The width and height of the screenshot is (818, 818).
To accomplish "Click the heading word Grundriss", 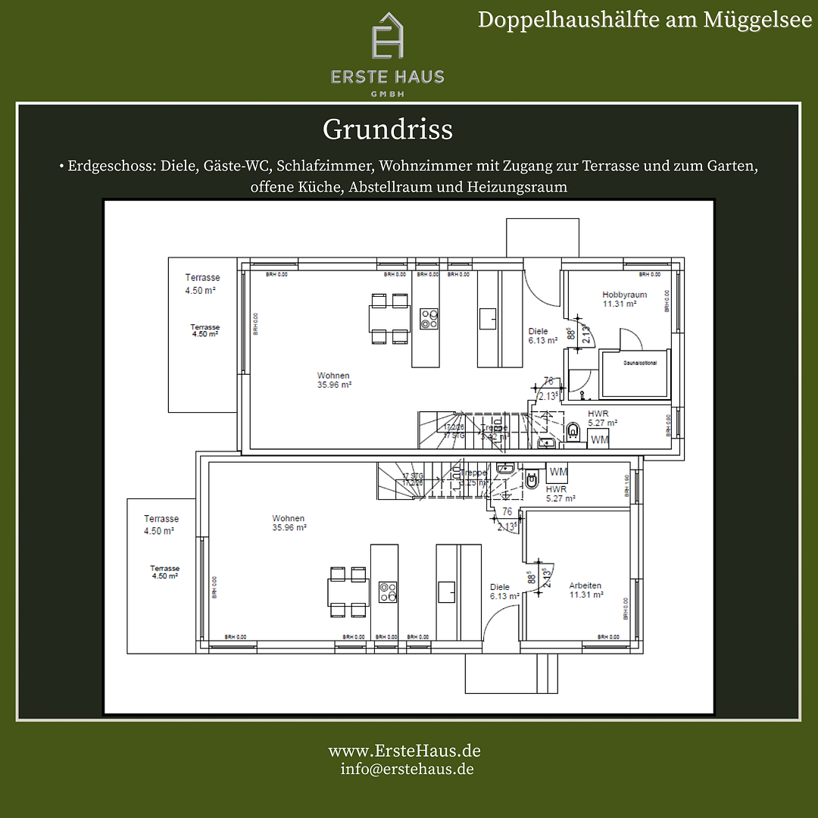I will (x=387, y=130).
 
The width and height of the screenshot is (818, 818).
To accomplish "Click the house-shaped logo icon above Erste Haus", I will (x=387, y=36).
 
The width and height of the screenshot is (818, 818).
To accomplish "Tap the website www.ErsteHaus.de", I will (x=404, y=751).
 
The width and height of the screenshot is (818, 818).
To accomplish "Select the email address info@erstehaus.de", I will (x=407, y=768).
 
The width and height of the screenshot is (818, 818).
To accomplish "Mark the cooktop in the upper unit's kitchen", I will (x=429, y=318).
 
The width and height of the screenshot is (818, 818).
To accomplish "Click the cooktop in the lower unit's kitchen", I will (x=388, y=592).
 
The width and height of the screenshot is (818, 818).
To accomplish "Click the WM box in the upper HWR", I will (x=599, y=439).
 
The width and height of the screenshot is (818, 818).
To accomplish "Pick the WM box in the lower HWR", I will (x=559, y=472).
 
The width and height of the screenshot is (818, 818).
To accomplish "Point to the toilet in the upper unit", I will (x=573, y=432).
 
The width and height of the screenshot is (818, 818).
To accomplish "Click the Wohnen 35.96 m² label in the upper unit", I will (x=333, y=379).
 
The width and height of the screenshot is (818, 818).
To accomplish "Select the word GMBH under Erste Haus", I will (x=387, y=93).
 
